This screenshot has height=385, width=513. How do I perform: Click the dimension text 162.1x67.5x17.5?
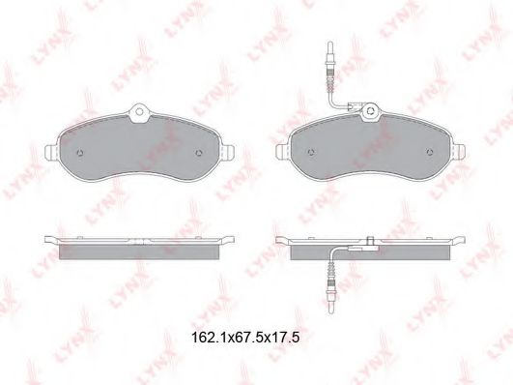245,338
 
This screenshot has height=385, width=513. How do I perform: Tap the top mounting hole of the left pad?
140,111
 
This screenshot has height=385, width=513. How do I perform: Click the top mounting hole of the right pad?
371,110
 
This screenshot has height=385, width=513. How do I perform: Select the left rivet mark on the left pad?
80,153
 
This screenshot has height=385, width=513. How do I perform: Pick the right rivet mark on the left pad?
199,153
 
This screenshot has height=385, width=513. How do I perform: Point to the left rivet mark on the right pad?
311,152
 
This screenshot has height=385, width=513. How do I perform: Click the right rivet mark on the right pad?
431,152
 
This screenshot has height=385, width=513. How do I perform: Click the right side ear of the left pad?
228,153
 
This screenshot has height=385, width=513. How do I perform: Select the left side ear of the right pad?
283,152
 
